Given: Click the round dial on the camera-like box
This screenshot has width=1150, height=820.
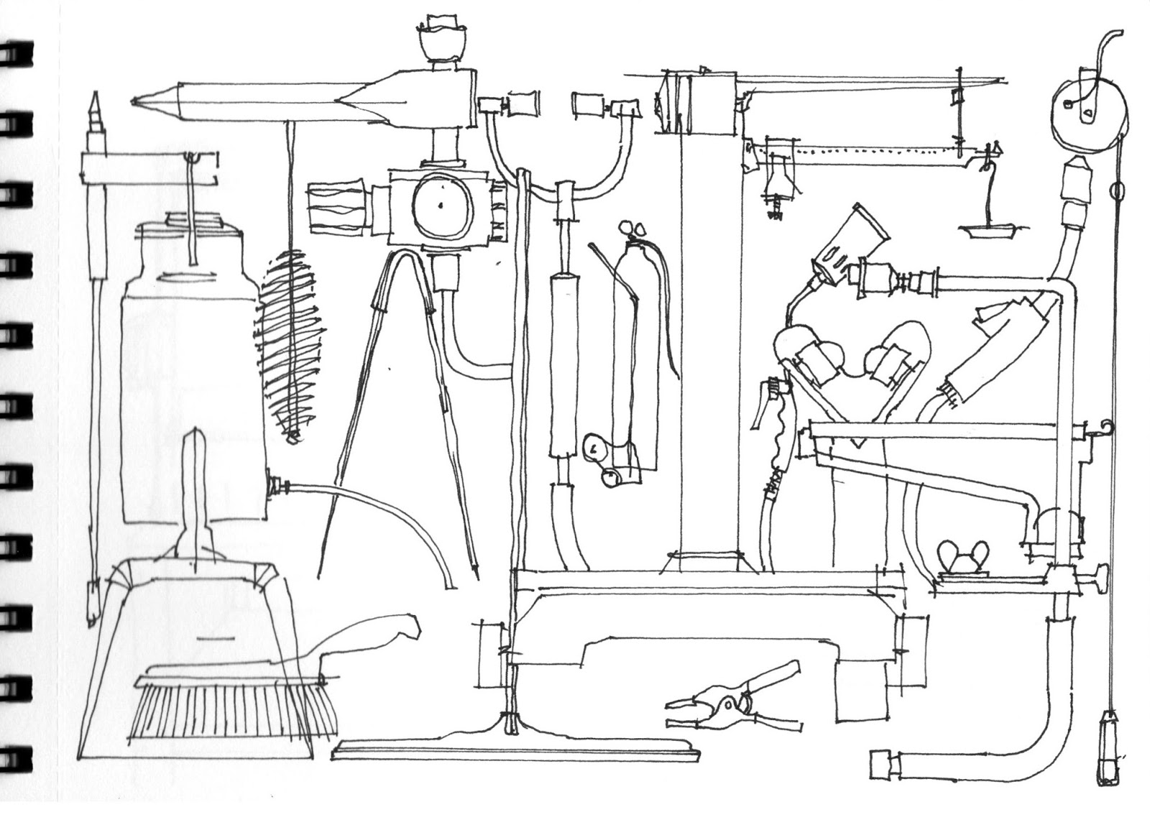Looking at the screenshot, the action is [439, 206].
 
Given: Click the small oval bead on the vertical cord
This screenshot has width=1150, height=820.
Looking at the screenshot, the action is [1115, 192].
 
